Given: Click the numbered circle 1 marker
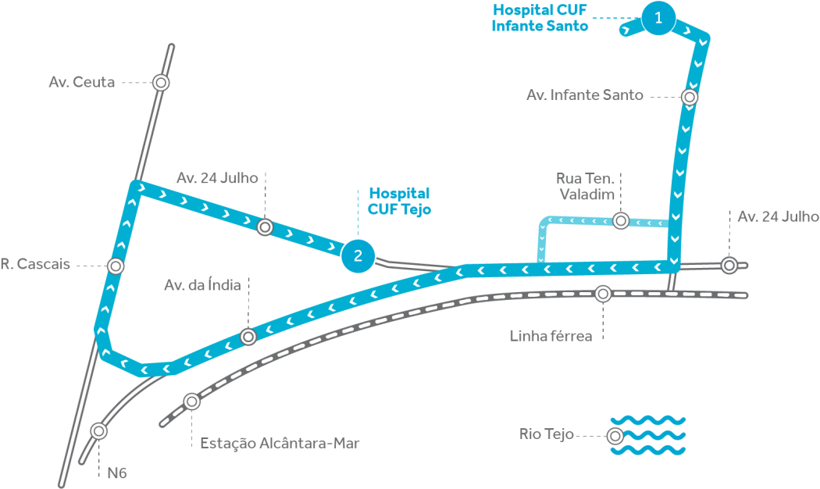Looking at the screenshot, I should [659, 18].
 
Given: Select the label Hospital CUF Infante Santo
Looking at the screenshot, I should [540, 17].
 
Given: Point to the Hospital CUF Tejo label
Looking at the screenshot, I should [399, 201].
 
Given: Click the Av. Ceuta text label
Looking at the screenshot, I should [82, 82].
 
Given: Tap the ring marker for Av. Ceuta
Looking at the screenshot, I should [161, 82].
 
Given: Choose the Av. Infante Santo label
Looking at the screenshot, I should [585, 95].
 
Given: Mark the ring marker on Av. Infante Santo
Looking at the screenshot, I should [690, 97].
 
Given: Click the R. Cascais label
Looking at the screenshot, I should [35, 265].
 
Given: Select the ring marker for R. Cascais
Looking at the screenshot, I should [116, 266].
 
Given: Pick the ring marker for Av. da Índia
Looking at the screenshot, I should [248, 337].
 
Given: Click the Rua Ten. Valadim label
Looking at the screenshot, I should [585, 186].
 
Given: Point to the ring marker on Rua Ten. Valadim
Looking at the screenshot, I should [621, 221].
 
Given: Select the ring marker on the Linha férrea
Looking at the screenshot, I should [603, 294].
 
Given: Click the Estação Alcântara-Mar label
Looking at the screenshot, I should [280, 444].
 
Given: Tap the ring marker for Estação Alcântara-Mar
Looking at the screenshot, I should [191, 402].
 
